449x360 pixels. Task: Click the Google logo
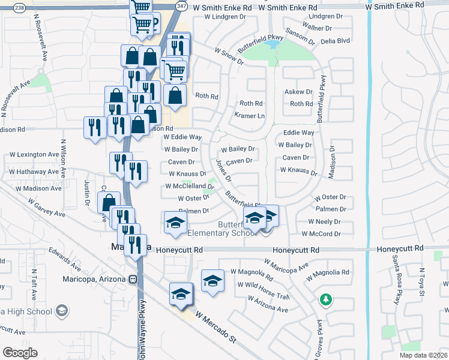20,353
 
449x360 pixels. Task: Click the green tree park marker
325,299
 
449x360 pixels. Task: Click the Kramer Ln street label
250,115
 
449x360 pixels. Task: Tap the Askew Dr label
298,92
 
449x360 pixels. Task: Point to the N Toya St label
422,282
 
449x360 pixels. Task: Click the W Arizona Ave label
267,304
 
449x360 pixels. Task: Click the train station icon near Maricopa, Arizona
132,280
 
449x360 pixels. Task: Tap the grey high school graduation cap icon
61,310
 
